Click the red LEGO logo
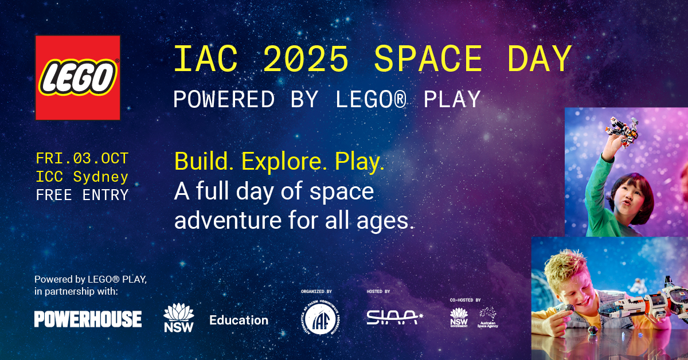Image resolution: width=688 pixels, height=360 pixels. click(77, 77)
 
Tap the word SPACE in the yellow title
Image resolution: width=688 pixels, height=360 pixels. click(428, 59)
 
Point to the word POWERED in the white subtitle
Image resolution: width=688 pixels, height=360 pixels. click(224, 99)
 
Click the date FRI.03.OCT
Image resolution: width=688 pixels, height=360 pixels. click(82, 158)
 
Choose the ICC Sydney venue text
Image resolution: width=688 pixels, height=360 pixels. click(82, 177)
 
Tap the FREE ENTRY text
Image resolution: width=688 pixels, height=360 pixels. click(82, 195)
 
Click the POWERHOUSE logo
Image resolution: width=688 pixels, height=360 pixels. click(88, 319)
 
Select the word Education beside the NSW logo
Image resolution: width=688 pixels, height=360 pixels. click(239, 320)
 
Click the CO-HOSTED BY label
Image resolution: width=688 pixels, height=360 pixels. click(466, 300)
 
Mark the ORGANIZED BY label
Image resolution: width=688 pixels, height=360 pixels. click(316, 291)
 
